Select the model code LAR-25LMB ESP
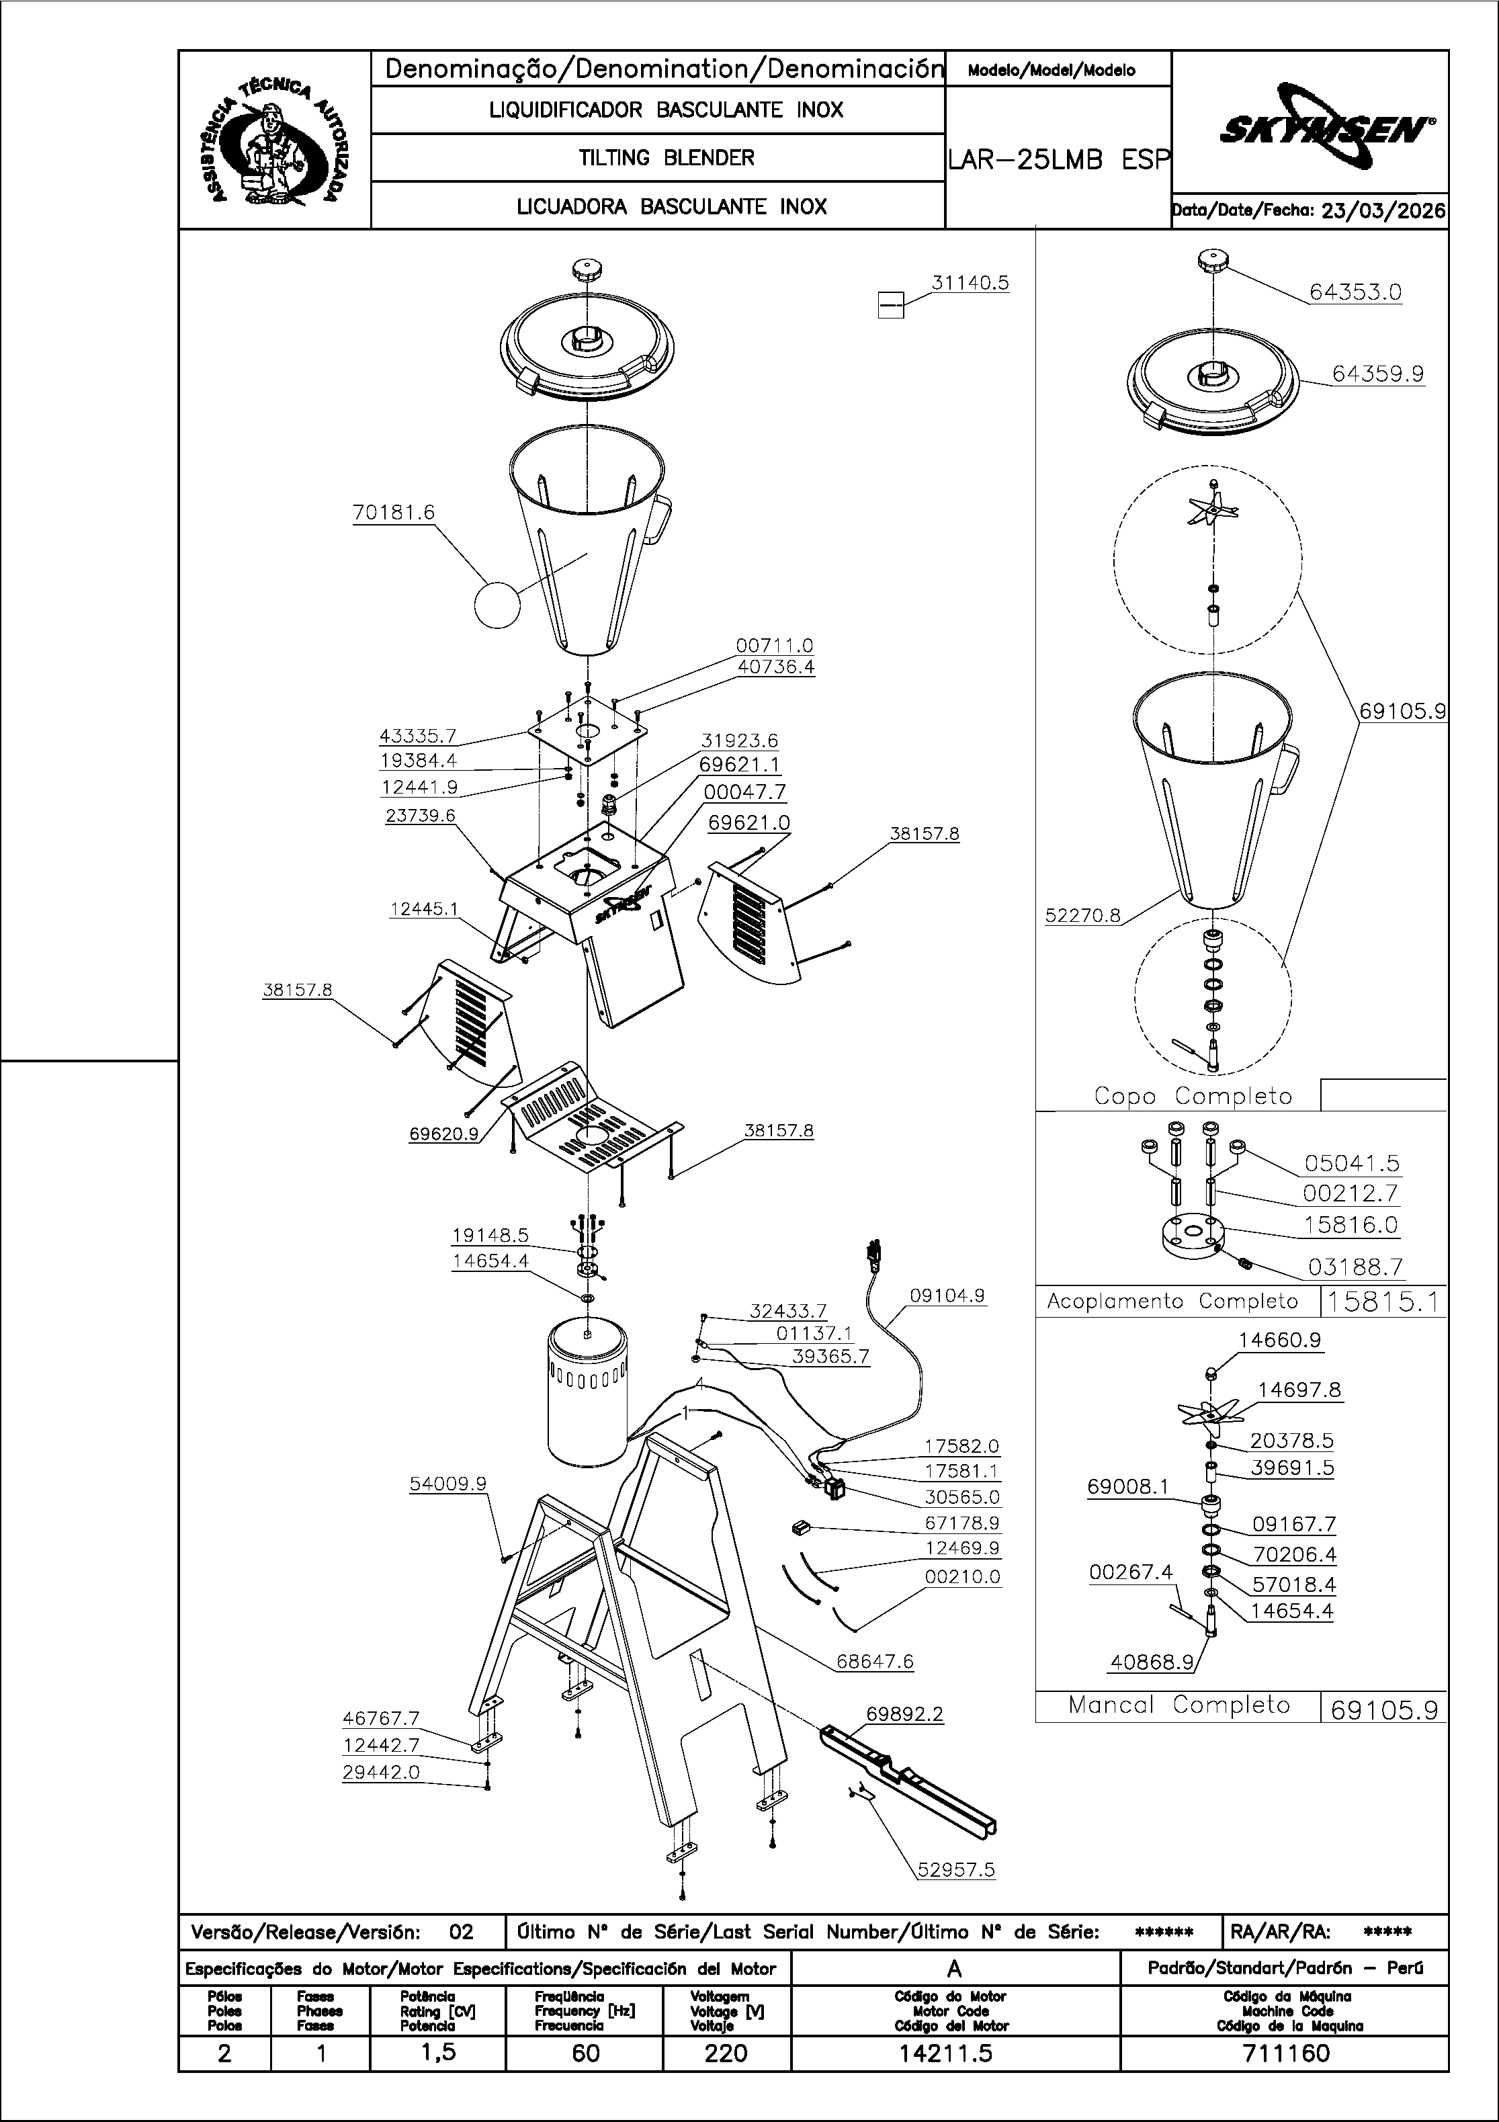tap(1059, 160)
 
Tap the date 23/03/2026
tap(1383, 211)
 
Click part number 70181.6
tap(394, 512)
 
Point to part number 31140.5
tap(970, 283)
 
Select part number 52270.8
tap(1083, 916)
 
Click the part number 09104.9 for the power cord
tap(947, 1296)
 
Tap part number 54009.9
tap(448, 1484)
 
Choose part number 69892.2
tap(905, 1714)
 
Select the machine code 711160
tap(1285, 2053)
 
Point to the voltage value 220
tap(726, 2053)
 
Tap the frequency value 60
tap(586, 2053)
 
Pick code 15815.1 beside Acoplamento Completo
tap(1383, 1302)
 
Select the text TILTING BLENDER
tap(667, 158)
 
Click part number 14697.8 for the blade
tap(1299, 1390)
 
